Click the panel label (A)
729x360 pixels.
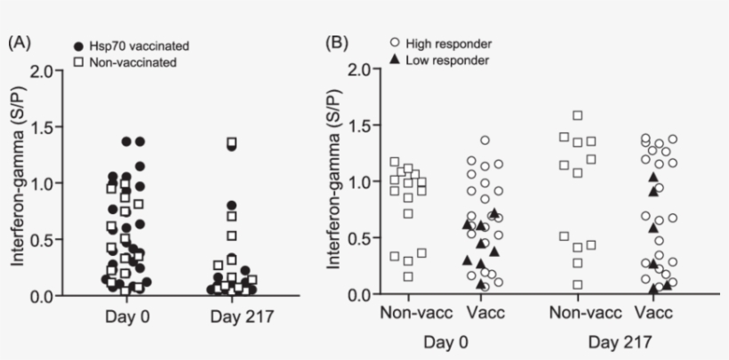[20, 43]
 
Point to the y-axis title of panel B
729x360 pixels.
[335, 182]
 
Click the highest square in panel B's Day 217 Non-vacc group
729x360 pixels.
[578, 116]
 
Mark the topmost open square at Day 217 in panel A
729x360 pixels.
[232, 142]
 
